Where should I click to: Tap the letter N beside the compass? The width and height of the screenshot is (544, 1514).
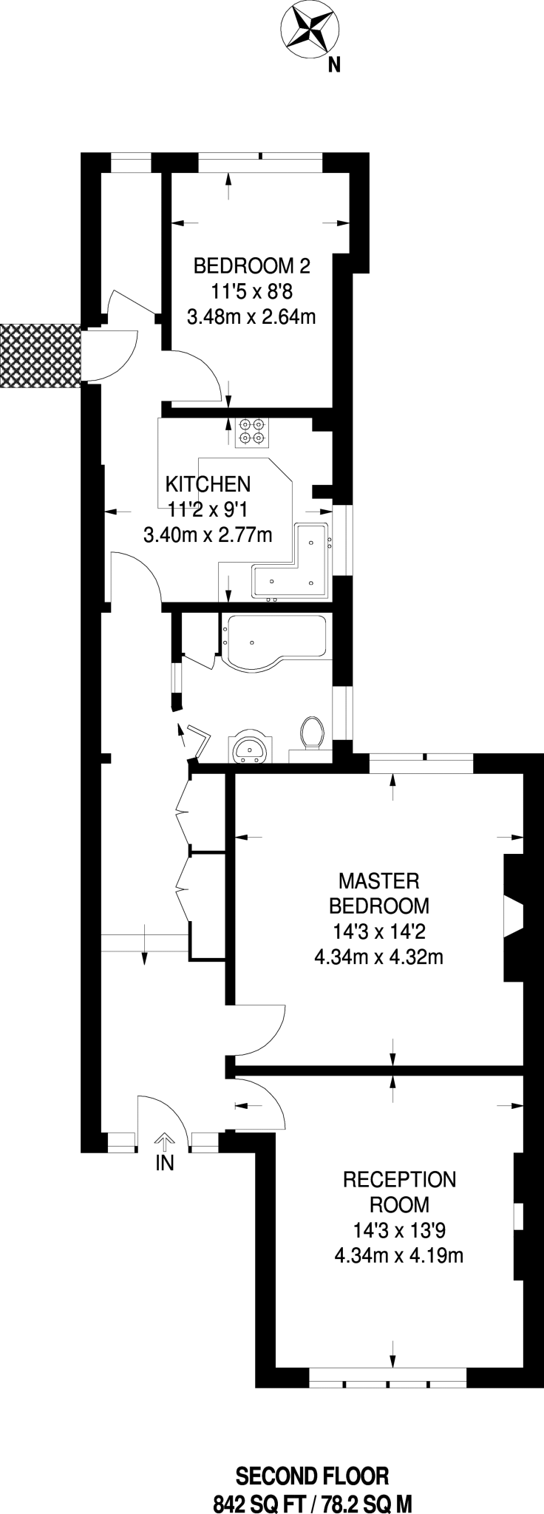point(334,66)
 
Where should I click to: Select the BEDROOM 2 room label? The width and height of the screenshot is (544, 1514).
point(252,265)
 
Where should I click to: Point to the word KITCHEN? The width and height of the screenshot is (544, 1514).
point(208,484)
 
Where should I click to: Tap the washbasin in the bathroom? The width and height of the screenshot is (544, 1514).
point(252,748)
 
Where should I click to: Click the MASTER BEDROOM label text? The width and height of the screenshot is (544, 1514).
point(378,893)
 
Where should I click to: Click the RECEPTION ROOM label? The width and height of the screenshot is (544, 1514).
point(399,1192)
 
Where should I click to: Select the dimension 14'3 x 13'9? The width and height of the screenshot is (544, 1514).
point(399,1230)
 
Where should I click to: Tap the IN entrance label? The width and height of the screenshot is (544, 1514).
point(164,1164)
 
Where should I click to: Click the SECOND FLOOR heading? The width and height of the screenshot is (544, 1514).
point(312,1456)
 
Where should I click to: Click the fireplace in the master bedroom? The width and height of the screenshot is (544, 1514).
point(513,917)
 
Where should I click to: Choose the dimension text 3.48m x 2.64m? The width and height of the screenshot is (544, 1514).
point(252,317)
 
